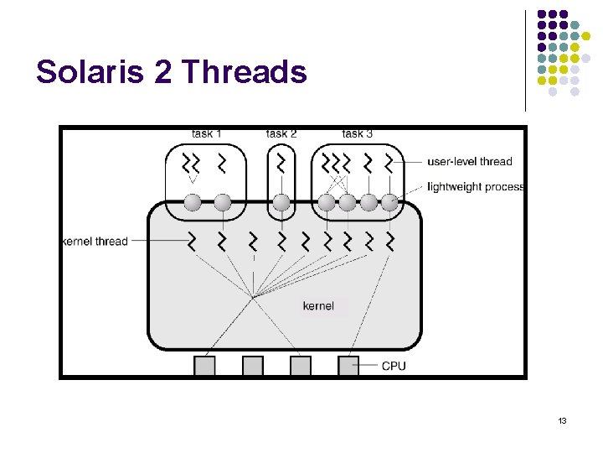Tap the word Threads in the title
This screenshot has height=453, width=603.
coord(244,73)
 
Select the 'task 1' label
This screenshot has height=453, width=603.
coord(206,133)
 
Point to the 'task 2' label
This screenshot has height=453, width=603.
coord(281,133)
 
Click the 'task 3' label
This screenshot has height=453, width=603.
coord(358,133)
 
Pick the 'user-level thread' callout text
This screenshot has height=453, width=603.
coord(469,161)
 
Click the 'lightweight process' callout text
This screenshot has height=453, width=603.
coord(475,186)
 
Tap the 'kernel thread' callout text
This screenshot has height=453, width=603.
coord(95,242)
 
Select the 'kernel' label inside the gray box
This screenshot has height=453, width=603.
coord(318,305)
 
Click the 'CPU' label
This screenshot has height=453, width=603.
coord(394,366)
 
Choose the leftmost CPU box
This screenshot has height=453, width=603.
coord(205,366)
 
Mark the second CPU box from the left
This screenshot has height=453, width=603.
coord(253,366)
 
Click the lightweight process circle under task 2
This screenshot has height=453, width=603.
coord(281,202)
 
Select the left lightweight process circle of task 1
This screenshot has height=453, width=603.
coord(193,202)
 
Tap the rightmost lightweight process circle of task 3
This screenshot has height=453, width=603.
coord(389,202)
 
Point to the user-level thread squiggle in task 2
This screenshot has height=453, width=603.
coord(281,163)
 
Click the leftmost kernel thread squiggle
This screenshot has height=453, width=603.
coord(193,242)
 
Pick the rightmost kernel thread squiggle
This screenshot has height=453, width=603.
coord(389,242)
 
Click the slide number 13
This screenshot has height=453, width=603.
coord(563,420)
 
